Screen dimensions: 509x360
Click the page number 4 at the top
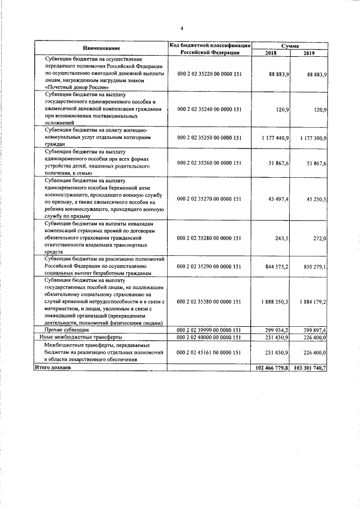click(182, 28)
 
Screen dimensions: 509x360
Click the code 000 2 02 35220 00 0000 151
click(209, 74)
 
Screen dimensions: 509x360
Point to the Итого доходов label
click(53, 367)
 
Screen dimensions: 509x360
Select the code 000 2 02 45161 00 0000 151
click(209, 352)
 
